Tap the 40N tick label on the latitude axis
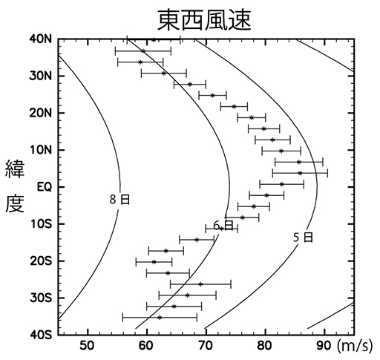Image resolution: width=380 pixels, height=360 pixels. pos(40,39)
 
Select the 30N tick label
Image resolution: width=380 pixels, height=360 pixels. pos(40,76)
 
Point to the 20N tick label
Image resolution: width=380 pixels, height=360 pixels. pos(40,113)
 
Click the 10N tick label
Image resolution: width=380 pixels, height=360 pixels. pos(40,150)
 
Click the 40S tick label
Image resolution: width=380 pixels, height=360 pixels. pos(40,335)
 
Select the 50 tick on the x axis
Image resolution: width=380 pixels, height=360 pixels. pos(87,345)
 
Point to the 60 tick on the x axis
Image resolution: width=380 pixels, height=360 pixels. pos(146,345)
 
